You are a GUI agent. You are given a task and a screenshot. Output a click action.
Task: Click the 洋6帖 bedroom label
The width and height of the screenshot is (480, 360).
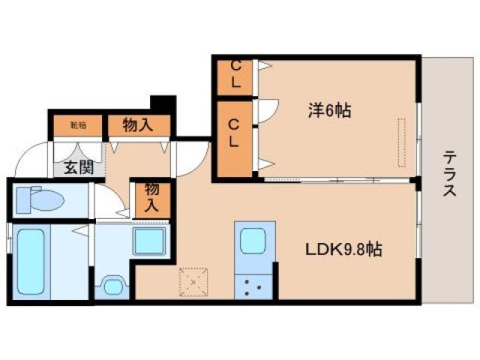tap(328, 110)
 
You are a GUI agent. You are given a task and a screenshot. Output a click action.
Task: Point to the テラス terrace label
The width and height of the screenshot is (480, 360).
tap(449, 174)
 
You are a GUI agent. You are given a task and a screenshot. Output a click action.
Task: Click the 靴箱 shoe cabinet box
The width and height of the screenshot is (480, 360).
tap(78, 125)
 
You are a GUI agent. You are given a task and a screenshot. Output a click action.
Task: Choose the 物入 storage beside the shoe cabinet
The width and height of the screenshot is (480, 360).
tap(138, 124)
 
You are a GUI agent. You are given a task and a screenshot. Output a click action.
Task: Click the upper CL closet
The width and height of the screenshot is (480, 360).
tap(235, 77)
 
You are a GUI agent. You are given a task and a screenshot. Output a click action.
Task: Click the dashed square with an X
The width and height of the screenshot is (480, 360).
tap(194, 282)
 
